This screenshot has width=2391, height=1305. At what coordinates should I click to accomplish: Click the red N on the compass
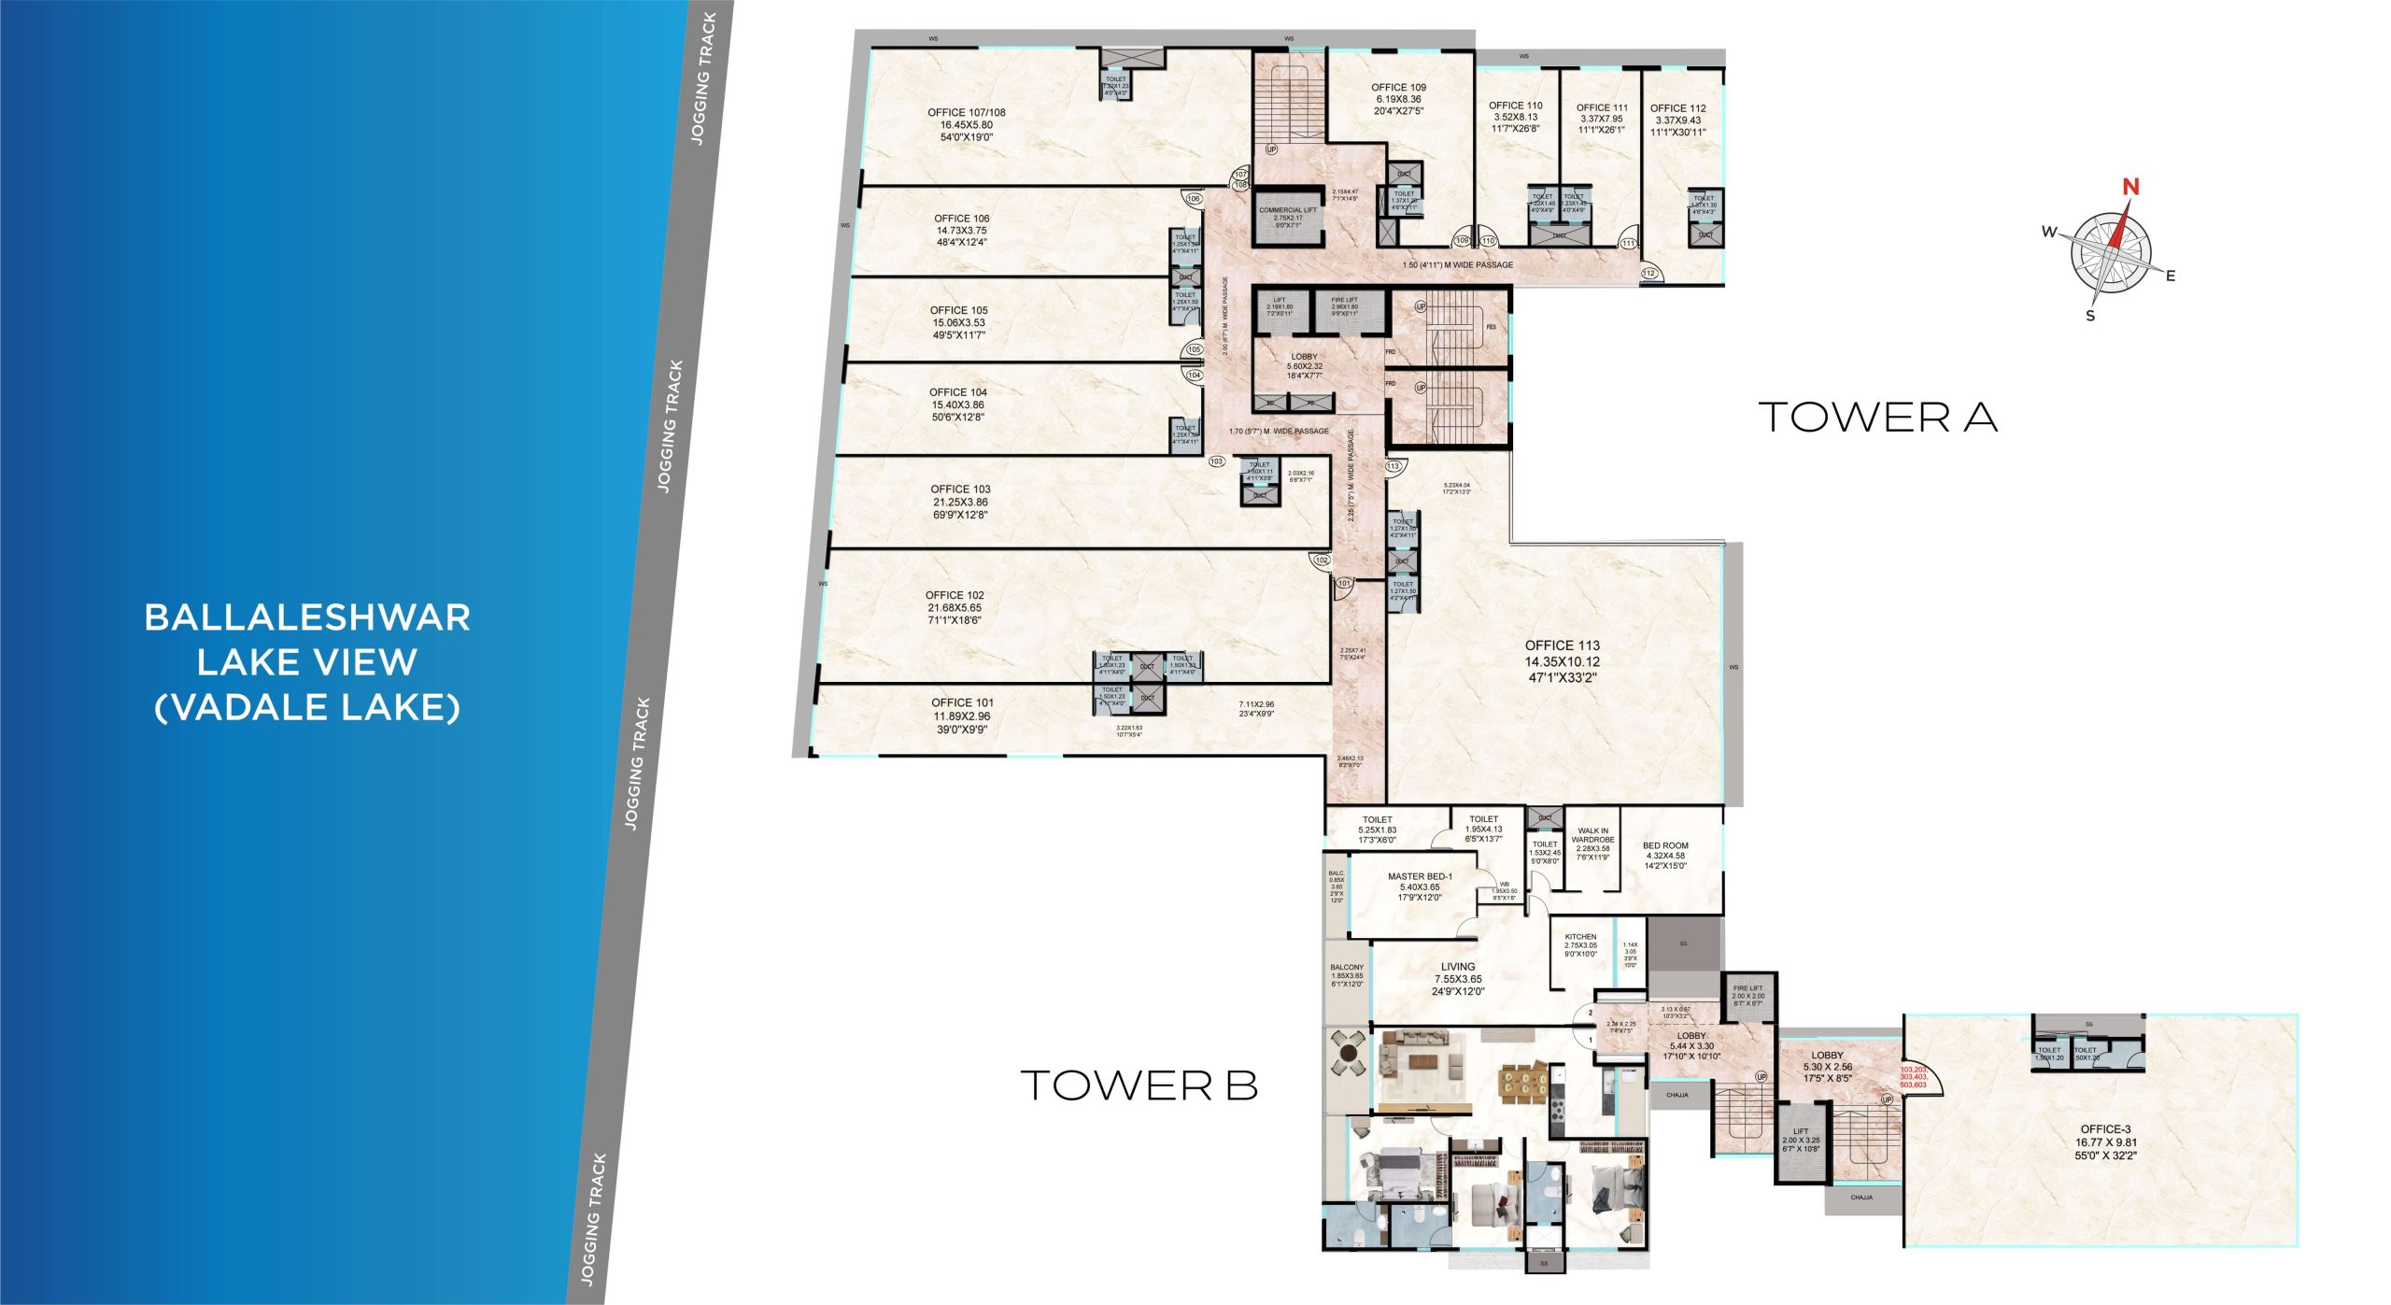pos(2129,187)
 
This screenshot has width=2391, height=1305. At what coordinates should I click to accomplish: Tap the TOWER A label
pos(1877,418)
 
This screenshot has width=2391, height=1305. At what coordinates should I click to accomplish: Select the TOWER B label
pos(1139,1085)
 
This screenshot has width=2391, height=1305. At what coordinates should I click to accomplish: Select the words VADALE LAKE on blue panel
pos(307,707)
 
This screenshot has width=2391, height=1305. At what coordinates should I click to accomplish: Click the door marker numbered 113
pos(1394,466)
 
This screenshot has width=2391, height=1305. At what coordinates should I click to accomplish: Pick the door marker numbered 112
pos(1648,274)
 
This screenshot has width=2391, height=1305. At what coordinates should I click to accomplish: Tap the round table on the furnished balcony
pos(1348,1054)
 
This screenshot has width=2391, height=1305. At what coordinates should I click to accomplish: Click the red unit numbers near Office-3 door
pos(1913,1077)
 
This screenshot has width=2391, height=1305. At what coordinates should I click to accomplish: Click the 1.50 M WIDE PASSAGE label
pos(1457,265)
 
